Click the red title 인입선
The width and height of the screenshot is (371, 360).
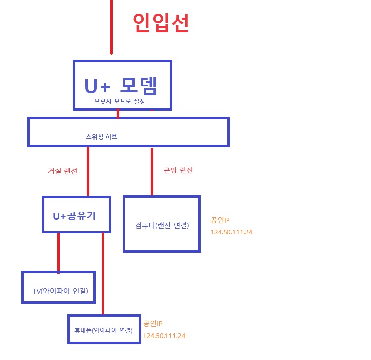(161, 23)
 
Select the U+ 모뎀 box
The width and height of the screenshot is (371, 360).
(122, 85)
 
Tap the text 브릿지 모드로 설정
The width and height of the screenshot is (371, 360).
(120, 101)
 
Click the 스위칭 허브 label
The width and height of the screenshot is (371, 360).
(102, 137)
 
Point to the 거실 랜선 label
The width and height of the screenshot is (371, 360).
(62, 171)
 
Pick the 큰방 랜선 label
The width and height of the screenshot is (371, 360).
(178, 170)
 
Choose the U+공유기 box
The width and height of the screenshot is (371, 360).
(77, 214)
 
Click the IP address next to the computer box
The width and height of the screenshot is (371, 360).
(231, 232)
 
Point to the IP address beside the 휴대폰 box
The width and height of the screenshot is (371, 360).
(164, 336)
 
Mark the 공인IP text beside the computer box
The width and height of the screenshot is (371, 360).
(220, 220)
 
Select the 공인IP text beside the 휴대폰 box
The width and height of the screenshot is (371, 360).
(152, 324)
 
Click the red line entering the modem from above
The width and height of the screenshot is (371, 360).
(111, 27)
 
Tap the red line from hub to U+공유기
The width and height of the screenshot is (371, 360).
(88, 171)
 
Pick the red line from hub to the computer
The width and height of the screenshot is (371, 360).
(152, 171)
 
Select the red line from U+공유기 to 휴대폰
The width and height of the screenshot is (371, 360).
(103, 274)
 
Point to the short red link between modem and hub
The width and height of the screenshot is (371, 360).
(118, 114)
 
